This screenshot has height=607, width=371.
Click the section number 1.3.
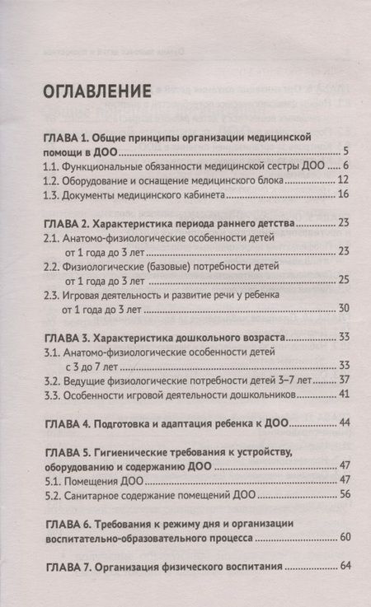51,194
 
